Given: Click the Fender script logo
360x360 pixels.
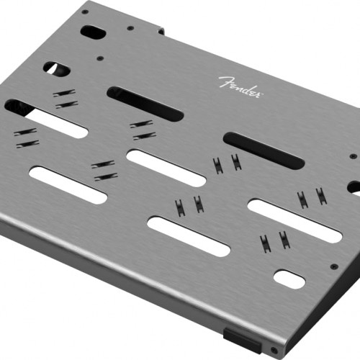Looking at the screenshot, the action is [240, 87].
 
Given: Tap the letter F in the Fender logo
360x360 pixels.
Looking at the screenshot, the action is [225, 82].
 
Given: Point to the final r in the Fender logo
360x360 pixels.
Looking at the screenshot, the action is [258, 94].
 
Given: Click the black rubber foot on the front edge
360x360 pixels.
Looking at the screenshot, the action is [242, 341].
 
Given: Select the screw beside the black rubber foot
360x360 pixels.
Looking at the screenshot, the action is [274, 350].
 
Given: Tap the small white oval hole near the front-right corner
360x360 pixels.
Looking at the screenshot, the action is [289, 279].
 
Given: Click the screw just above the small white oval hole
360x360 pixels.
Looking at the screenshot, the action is [334, 266].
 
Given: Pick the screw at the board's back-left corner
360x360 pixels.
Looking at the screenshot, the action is [85, 12].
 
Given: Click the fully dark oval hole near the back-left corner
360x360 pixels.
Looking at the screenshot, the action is [93, 32].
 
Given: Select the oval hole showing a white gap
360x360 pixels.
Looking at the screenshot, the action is [57, 68].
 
